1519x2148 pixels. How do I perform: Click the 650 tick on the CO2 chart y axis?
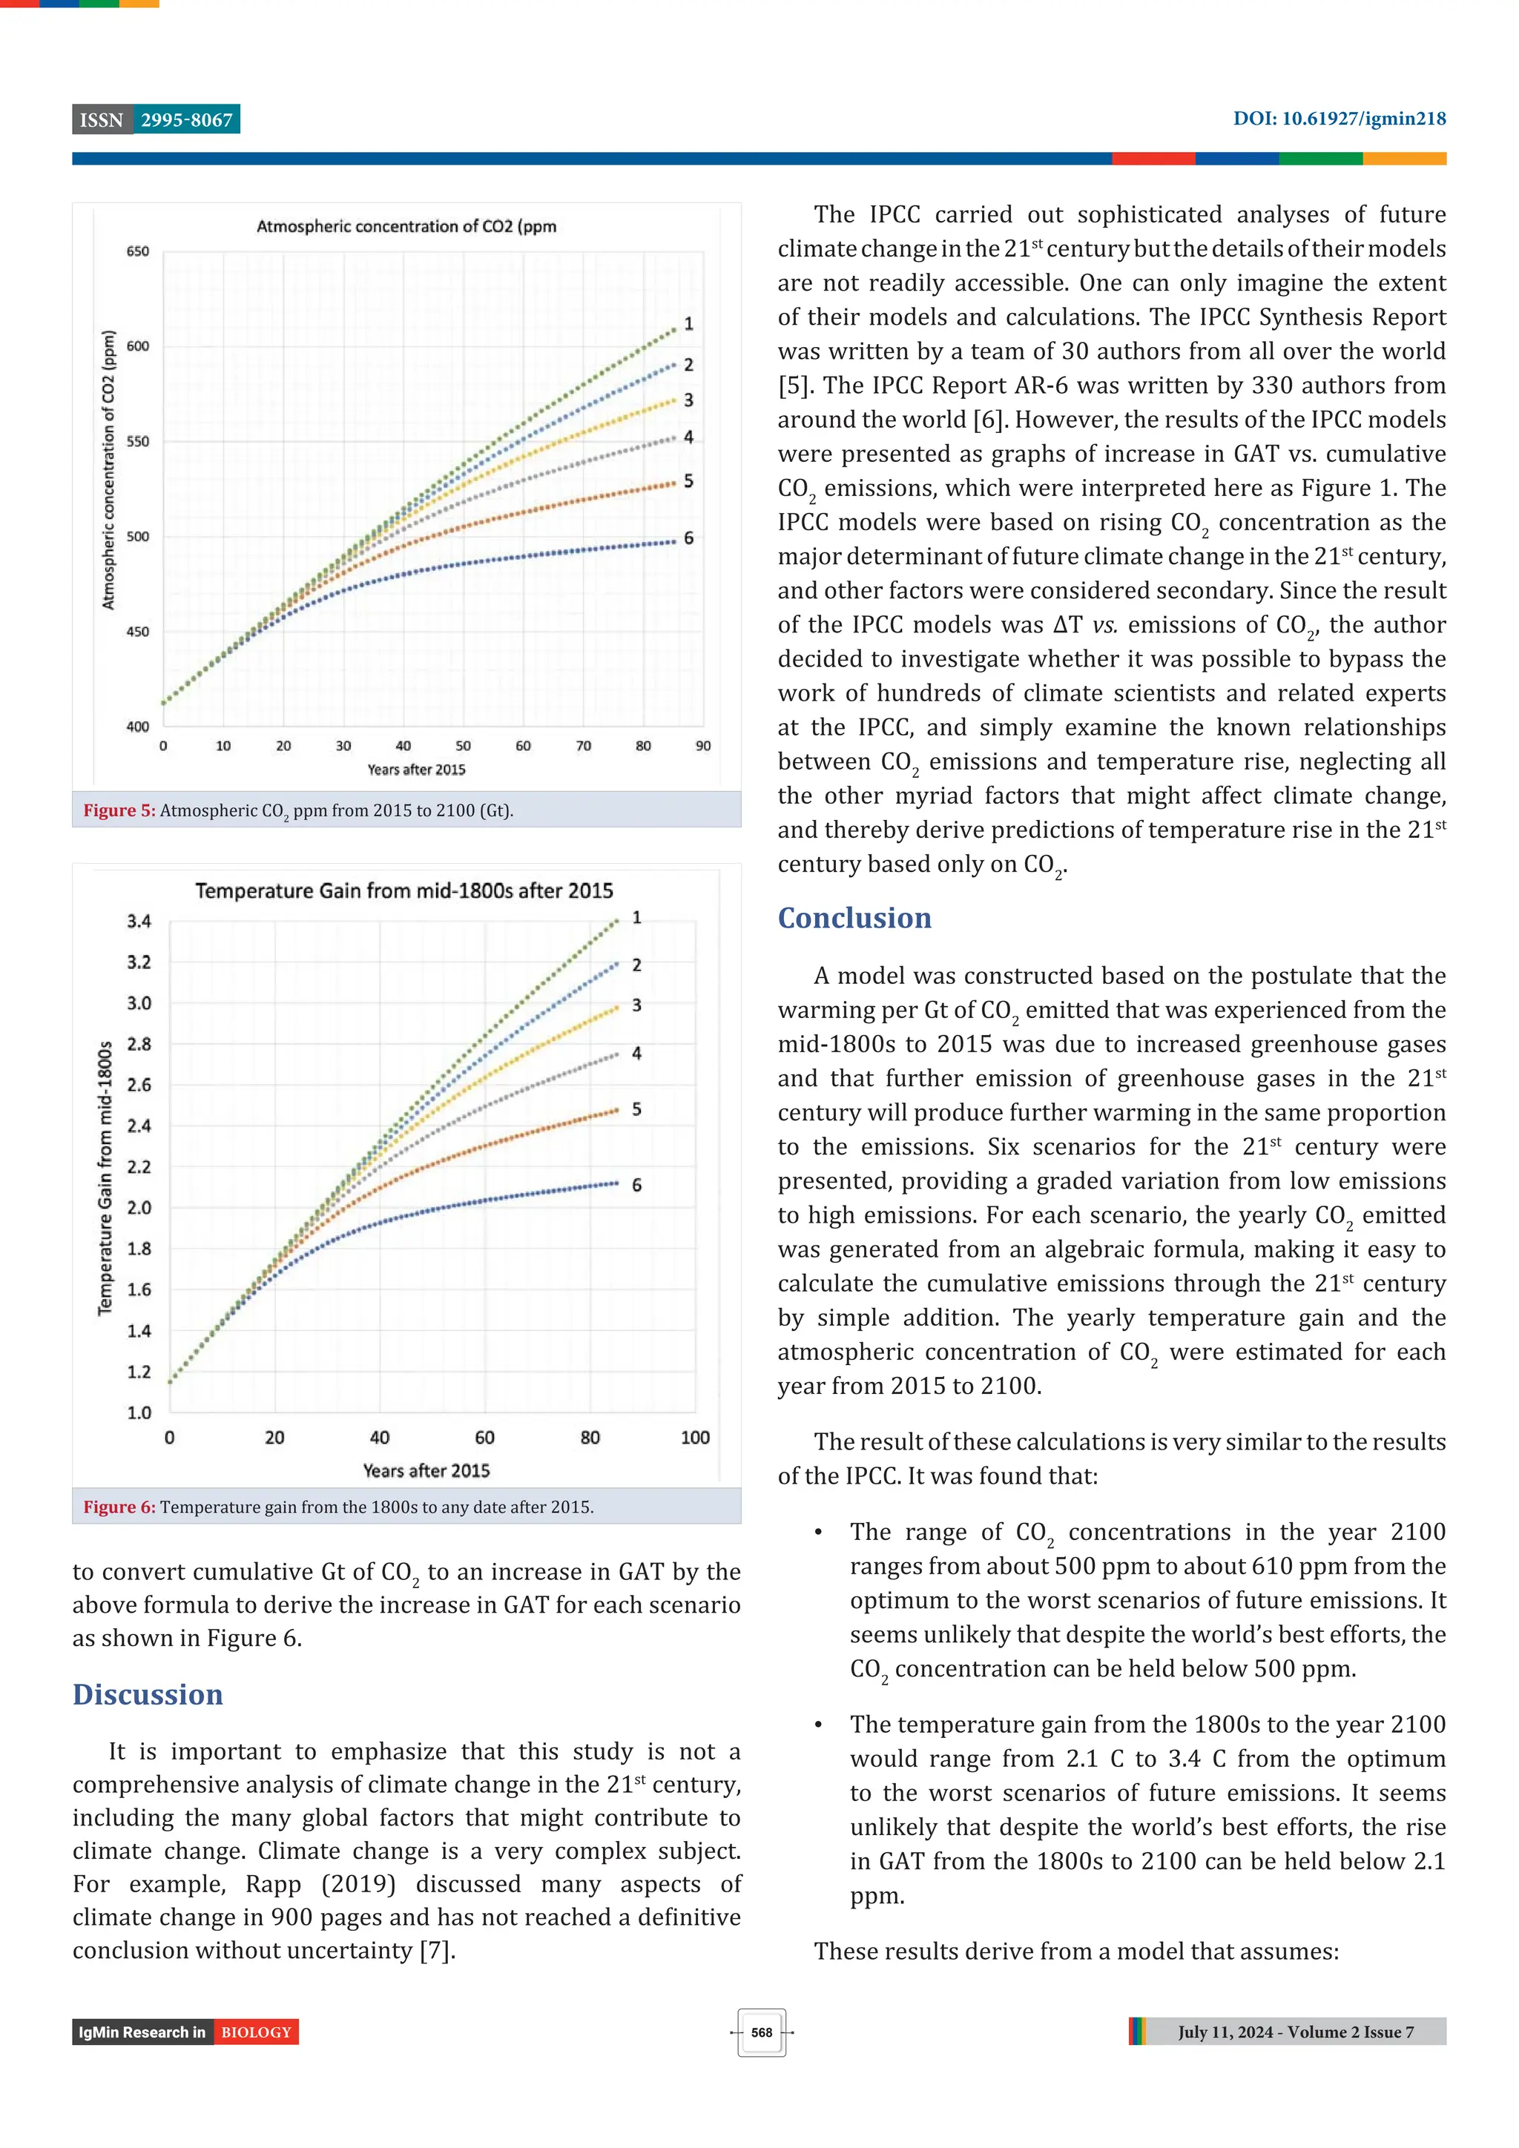(137, 251)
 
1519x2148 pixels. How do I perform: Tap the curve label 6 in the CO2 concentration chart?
(689, 538)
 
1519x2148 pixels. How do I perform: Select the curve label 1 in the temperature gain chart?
(636, 918)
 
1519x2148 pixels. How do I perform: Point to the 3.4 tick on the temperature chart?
(139, 922)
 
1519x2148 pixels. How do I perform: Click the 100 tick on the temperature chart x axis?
(694, 1438)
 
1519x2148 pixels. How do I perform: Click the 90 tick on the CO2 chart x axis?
(703, 747)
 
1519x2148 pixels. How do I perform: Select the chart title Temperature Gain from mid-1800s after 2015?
(404, 890)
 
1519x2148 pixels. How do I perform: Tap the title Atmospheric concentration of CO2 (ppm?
(406, 226)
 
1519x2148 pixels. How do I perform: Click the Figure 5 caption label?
(119, 811)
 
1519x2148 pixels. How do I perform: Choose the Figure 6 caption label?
(119, 1507)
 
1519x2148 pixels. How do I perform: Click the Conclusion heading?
(854, 918)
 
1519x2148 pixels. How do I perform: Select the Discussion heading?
(148, 1694)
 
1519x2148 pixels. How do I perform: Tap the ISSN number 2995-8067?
(186, 120)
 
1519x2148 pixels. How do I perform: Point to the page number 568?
(761, 2032)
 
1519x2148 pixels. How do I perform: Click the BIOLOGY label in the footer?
(257, 2032)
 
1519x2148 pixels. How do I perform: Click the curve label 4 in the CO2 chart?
(689, 437)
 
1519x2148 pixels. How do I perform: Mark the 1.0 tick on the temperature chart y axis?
(139, 1412)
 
